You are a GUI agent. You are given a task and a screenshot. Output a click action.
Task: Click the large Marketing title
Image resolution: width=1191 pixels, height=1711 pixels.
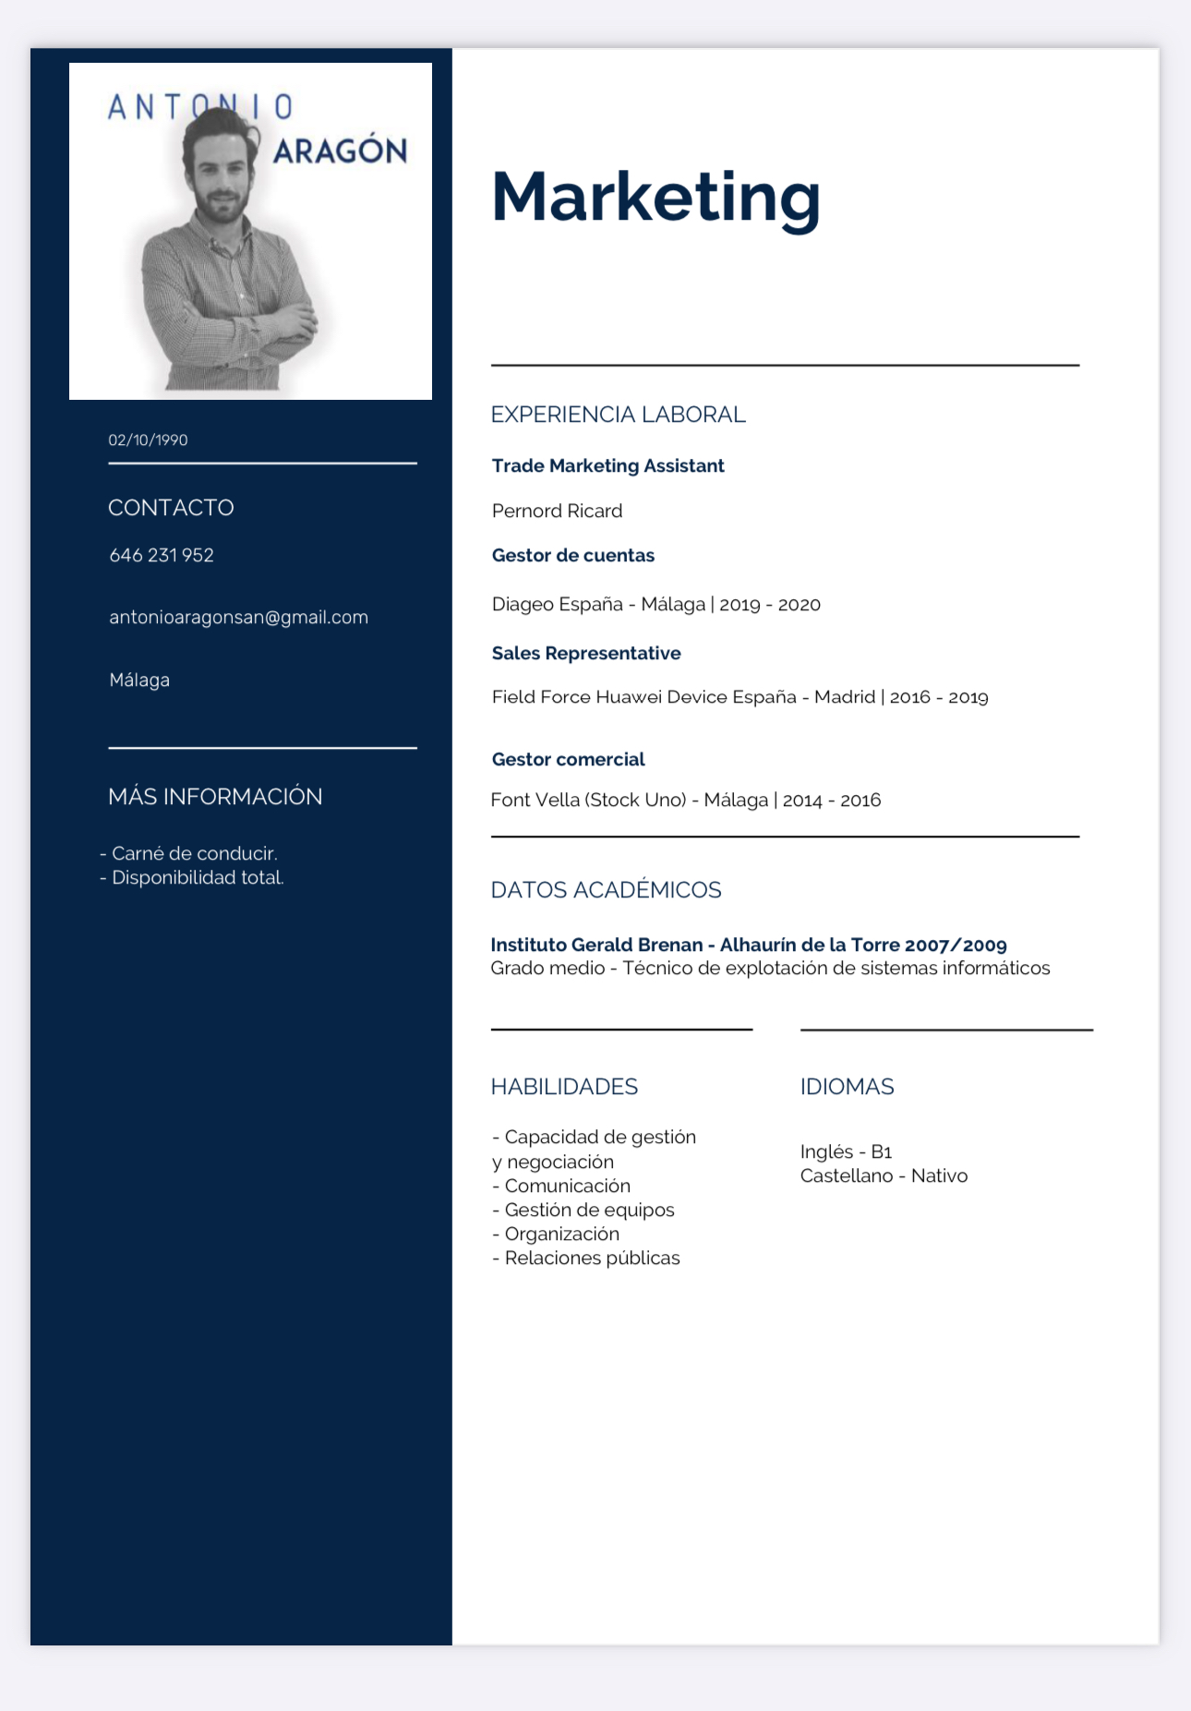pyautogui.click(x=656, y=197)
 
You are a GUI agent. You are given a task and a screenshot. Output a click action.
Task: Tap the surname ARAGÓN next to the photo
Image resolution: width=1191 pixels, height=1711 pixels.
pyautogui.click(x=341, y=151)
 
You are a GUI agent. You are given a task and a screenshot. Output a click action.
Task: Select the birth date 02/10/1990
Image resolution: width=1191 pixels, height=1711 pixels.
pyautogui.click(x=148, y=440)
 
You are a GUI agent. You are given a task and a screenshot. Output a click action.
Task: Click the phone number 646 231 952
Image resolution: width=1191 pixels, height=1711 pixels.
pyautogui.click(x=162, y=555)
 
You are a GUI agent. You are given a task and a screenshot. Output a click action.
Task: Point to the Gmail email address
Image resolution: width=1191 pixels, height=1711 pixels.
pyautogui.click(x=238, y=617)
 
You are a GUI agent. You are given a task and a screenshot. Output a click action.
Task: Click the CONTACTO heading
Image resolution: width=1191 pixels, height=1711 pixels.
pyautogui.click(x=171, y=508)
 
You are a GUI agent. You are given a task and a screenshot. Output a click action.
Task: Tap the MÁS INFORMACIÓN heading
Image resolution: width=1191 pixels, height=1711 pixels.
pyautogui.click(x=215, y=797)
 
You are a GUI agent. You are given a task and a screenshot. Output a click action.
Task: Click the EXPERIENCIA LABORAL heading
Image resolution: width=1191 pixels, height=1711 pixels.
pyautogui.click(x=618, y=415)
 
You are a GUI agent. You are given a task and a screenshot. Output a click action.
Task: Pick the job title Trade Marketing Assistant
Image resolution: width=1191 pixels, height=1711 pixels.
pyautogui.click(x=608, y=465)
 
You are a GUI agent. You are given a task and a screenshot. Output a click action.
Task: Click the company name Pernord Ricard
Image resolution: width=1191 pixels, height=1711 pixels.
pyautogui.click(x=557, y=511)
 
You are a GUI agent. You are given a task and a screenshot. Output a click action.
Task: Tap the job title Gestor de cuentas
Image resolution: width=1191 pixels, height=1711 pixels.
pyautogui.click(x=572, y=555)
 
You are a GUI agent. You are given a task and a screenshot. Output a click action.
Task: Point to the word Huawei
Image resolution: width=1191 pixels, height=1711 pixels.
pyautogui.click(x=629, y=697)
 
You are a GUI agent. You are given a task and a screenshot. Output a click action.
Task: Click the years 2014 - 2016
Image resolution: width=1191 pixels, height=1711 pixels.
pyautogui.click(x=832, y=801)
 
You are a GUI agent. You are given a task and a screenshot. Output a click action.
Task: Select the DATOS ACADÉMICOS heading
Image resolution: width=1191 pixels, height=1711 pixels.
pyautogui.click(x=606, y=890)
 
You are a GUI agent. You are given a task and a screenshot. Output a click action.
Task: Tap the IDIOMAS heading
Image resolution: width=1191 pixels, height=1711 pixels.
pyautogui.click(x=847, y=1087)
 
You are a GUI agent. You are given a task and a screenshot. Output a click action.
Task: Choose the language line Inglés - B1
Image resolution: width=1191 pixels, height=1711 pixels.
pyautogui.click(x=846, y=1151)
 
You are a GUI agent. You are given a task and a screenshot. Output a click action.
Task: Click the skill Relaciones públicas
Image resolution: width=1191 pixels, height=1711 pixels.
pyautogui.click(x=592, y=1258)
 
